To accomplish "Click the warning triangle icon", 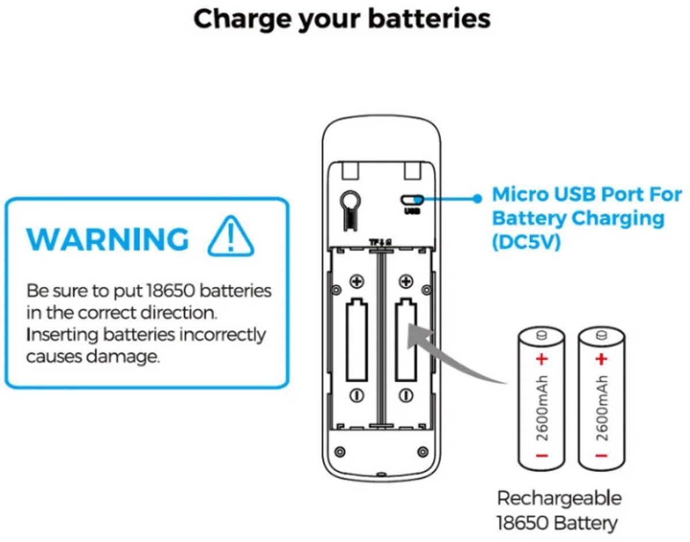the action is pyautogui.click(x=231, y=236).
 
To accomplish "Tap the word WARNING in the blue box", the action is pyautogui.click(x=108, y=239).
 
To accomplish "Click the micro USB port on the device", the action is pyautogui.click(x=412, y=200).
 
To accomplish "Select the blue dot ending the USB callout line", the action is pyautogui.click(x=477, y=199).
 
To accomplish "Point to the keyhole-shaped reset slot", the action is pyautogui.click(x=350, y=209).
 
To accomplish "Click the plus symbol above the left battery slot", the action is pyautogui.click(x=357, y=281).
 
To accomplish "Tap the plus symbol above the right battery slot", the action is pyautogui.click(x=406, y=281).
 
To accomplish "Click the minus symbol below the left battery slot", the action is pyautogui.click(x=356, y=395).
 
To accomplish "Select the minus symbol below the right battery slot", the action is pyautogui.click(x=406, y=395).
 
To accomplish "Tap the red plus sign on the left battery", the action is pyautogui.click(x=542, y=360).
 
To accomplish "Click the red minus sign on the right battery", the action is pyautogui.click(x=601, y=456).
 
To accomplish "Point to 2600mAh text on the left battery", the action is pyautogui.click(x=542, y=409).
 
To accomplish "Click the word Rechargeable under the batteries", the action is pyautogui.click(x=559, y=498).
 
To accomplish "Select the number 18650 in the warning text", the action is pyautogui.click(x=171, y=291).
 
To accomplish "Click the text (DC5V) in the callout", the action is pyautogui.click(x=527, y=242).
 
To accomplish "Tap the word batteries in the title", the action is pyautogui.click(x=430, y=19).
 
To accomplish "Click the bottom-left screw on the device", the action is pyautogui.click(x=340, y=452).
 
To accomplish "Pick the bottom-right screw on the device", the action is pyautogui.click(x=423, y=452).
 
